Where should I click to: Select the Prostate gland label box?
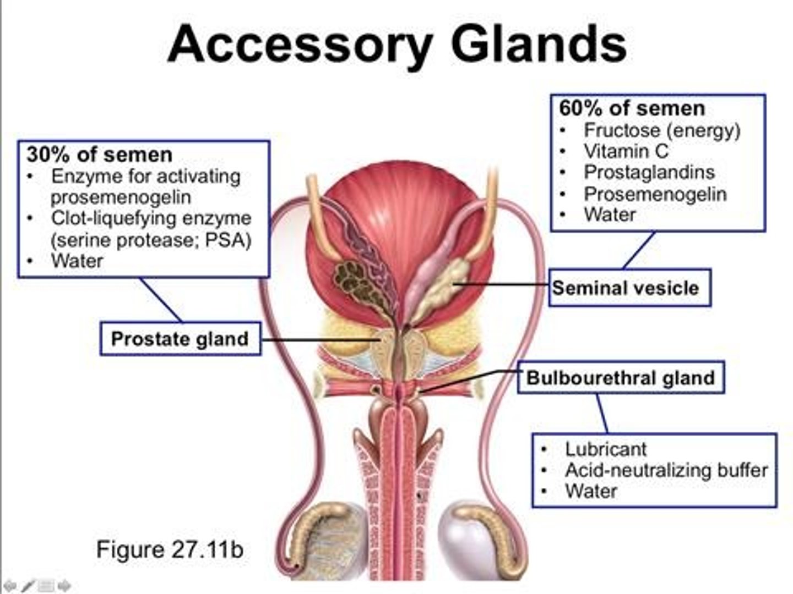tap(180, 339)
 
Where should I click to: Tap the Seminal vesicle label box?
tap(629, 288)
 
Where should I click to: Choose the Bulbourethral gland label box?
tap(621, 378)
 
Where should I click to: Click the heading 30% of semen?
tap(100, 155)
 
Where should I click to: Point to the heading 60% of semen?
tap(632, 108)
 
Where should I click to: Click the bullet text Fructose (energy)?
tap(661, 130)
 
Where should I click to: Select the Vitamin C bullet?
tap(626, 151)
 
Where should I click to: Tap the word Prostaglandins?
tap(649, 172)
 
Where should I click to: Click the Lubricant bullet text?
tap(605, 449)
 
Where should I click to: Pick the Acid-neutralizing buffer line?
tap(666, 470)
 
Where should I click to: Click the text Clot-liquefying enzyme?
tap(151, 218)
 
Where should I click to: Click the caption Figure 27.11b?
tap(170, 549)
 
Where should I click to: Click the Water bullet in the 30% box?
tap(77, 261)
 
